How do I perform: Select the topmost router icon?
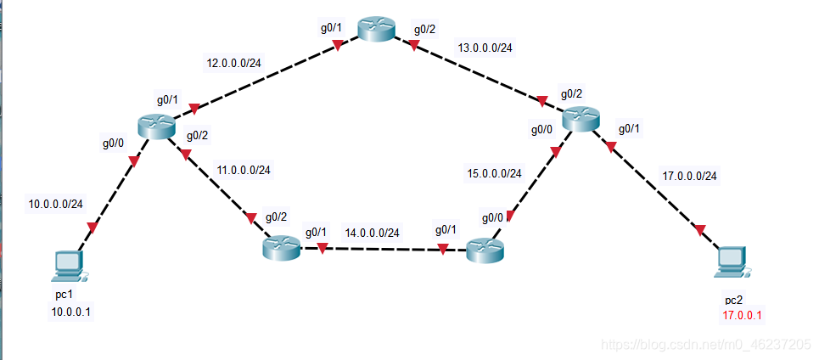pyautogui.click(x=375, y=30)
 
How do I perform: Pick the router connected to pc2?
pyautogui.click(x=580, y=120)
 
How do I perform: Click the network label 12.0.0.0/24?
pyautogui.click(x=235, y=62)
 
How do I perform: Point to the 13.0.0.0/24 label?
pyautogui.click(x=484, y=48)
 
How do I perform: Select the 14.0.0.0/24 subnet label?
pyautogui.click(x=372, y=232)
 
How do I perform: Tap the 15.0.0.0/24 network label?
pyautogui.click(x=495, y=173)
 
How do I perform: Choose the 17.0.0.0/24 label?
pyautogui.click(x=688, y=177)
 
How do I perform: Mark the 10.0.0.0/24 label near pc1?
pyautogui.click(x=56, y=204)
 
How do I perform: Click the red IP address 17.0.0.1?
pyautogui.click(x=743, y=316)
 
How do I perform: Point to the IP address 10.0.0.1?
pyautogui.click(x=71, y=312)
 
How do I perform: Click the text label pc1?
pyautogui.click(x=65, y=295)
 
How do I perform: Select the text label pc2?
pyautogui.click(x=733, y=301)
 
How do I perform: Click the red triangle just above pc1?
pyautogui.click(x=93, y=227)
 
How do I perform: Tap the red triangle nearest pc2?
pyautogui.click(x=700, y=229)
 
